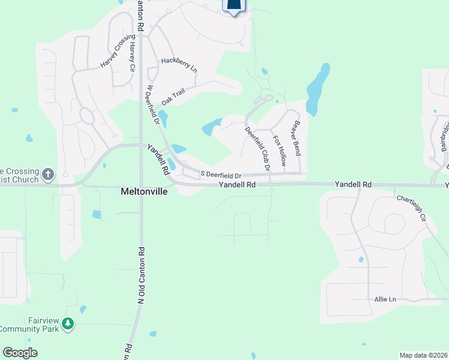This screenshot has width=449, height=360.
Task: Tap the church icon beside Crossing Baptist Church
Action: point(49,175)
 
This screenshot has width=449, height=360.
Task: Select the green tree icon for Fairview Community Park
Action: point(68,324)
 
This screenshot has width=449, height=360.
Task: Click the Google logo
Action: point(20,353)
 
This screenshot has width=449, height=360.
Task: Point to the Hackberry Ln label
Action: point(179,65)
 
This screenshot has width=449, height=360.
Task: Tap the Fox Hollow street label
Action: point(279,151)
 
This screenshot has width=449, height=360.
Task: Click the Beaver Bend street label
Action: point(296,138)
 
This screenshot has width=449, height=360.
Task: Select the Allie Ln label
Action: point(385,299)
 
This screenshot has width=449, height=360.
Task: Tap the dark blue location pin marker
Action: point(234,6)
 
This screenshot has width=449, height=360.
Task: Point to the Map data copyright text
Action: point(423,355)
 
